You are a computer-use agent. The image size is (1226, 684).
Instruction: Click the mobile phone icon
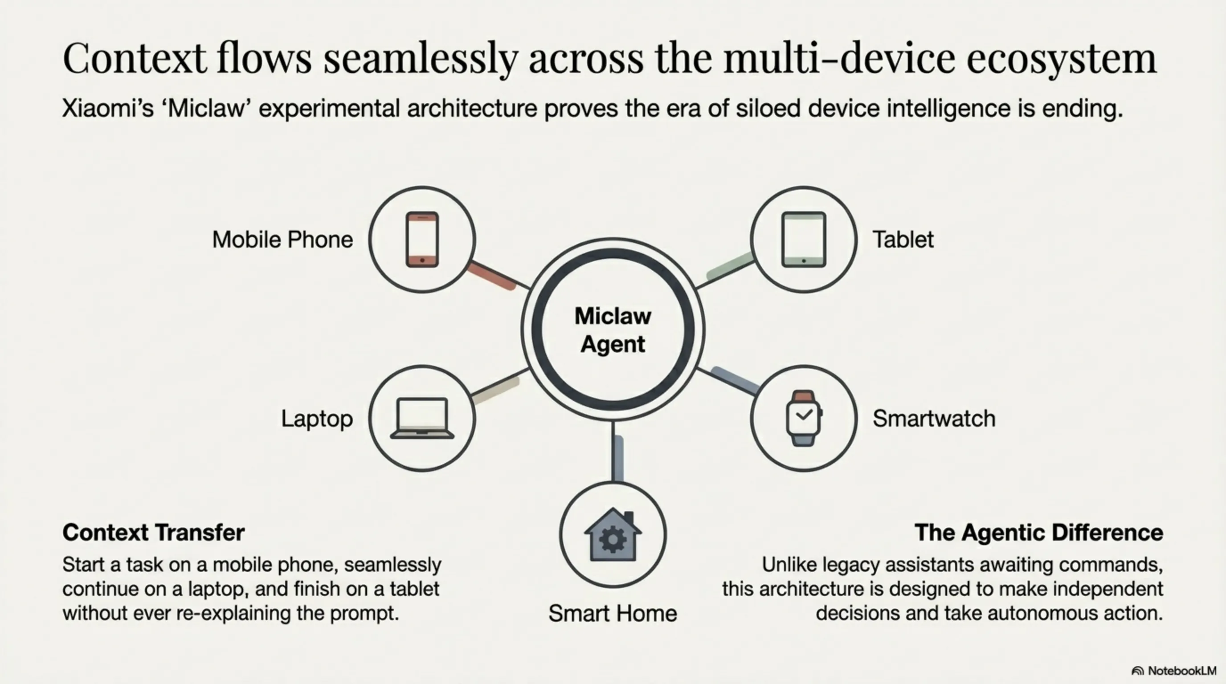tap(422, 239)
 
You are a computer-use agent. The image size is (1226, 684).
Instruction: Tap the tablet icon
tap(804, 239)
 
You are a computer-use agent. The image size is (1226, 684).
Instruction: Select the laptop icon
tap(422, 418)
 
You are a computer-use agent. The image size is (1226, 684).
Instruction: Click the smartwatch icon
tap(804, 418)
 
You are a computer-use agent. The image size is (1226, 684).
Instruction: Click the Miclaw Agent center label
tap(613, 330)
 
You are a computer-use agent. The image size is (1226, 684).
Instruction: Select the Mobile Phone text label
tap(283, 239)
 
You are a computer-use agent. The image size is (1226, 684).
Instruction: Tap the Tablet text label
tap(903, 239)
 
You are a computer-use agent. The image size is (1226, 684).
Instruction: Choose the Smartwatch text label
tap(934, 419)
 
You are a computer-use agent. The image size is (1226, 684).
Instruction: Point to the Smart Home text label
tap(613, 613)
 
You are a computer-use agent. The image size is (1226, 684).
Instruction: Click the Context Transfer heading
tap(154, 532)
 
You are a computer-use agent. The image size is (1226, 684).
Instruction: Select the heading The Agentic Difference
tap(1039, 532)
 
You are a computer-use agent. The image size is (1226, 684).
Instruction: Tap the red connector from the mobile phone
tap(492, 276)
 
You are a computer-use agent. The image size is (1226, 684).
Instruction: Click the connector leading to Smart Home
tap(617, 452)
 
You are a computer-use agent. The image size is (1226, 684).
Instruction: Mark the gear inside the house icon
tap(613, 538)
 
